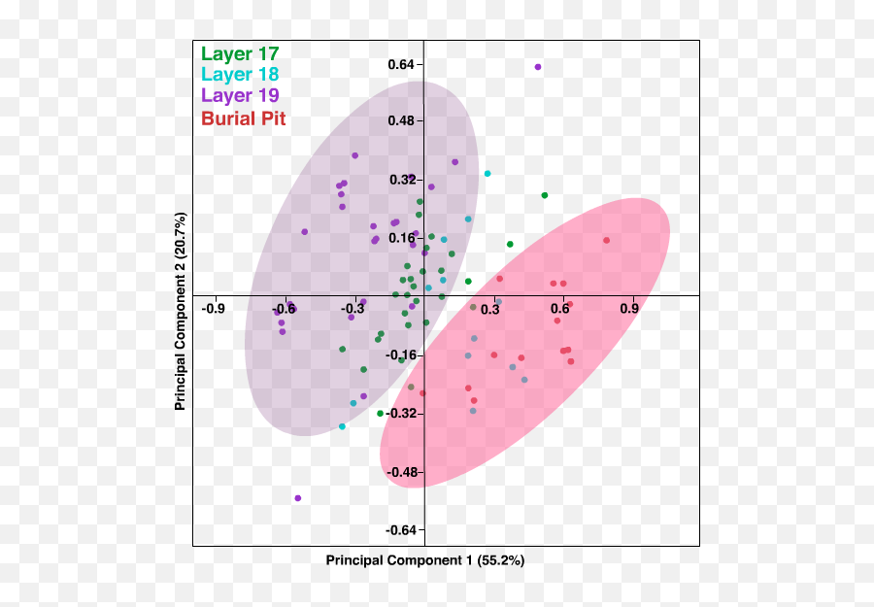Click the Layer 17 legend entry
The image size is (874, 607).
[239, 54]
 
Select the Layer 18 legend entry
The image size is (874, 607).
[239, 75]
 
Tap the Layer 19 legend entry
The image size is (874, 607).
[240, 95]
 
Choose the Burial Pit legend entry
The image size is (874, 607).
[243, 119]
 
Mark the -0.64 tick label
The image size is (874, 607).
[400, 529]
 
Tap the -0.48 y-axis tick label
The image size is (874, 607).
[400, 472]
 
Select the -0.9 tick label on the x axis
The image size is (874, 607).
[213, 309]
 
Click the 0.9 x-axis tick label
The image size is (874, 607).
[630, 309]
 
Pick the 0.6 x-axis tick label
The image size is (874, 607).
[560, 309]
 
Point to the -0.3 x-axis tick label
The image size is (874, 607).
[352, 309]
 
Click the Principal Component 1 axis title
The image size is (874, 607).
[424, 560]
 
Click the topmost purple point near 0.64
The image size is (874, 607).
[538, 67]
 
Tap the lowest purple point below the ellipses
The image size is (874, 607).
[297, 498]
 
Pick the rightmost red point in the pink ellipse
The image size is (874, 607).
[606, 240]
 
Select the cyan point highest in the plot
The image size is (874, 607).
[487, 174]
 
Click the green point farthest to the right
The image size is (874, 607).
[545, 195]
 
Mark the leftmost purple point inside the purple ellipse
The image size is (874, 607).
[279, 310]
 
